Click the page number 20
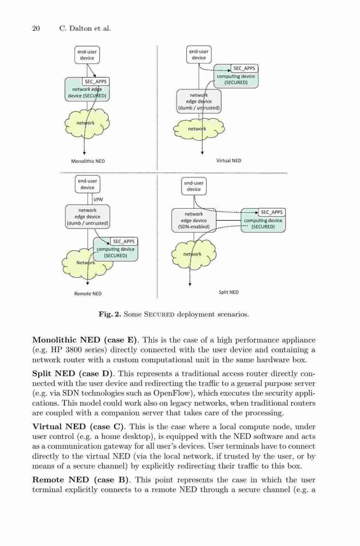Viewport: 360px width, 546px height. coord(36,28)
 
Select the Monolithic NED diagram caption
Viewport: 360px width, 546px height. coord(88,161)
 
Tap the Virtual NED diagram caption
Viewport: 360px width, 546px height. coord(228,161)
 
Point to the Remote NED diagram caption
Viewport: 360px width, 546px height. coord(88,294)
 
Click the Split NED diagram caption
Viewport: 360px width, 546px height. coord(228,292)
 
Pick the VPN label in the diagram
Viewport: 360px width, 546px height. coord(98,199)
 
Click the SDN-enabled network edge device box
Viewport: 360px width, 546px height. coord(194,221)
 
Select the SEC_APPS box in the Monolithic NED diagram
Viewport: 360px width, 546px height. coord(96,81)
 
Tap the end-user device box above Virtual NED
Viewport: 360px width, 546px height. coord(199,55)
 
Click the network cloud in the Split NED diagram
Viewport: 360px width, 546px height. coord(194,254)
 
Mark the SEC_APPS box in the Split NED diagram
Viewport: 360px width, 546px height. coord(272,212)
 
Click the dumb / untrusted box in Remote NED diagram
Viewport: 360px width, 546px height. coord(87,217)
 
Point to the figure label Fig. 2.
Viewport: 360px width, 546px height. coord(110,314)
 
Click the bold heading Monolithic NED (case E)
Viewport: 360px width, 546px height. coord(85,340)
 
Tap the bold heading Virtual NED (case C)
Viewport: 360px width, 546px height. coord(79,426)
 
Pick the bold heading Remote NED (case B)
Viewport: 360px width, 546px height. coord(81,479)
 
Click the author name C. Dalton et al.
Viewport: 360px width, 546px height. coord(85,28)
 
